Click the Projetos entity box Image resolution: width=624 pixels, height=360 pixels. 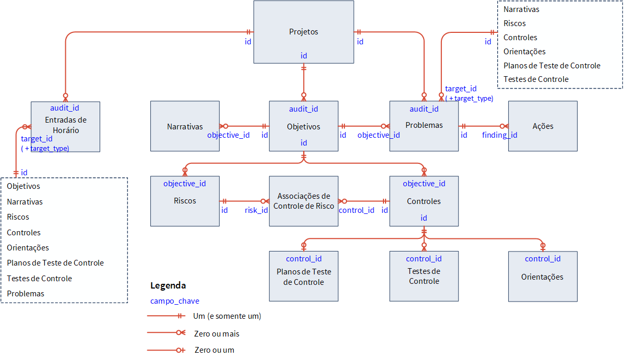[x=303, y=32]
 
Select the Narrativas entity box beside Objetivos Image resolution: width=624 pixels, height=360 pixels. [x=185, y=126]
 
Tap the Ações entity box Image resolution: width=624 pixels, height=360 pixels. [x=543, y=126]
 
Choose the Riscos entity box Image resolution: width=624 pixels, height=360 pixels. [x=185, y=201]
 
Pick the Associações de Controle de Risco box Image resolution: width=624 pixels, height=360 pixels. [x=303, y=201]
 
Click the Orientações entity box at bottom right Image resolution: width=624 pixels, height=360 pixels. [x=542, y=277]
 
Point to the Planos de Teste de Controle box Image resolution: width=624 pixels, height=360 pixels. [x=303, y=277]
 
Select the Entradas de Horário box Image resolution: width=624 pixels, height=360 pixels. [x=65, y=125]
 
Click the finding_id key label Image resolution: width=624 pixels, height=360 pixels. [x=499, y=135]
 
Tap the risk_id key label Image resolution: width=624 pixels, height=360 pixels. [x=256, y=210]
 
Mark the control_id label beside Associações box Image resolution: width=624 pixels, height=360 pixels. [x=356, y=210]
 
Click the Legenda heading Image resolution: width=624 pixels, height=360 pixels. [x=168, y=285]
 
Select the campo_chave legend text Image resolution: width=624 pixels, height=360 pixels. [x=175, y=301]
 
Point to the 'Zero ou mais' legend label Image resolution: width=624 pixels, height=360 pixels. [x=217, y=333]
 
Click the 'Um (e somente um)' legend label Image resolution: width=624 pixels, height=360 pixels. [x=227, y=316]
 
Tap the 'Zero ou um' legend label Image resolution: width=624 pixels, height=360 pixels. [x=214, y=350]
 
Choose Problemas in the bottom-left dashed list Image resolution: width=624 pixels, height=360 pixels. [x=26, y=293]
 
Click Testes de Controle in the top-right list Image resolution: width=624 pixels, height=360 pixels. [x=536, y=79]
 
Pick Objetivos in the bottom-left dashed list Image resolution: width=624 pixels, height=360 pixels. [x=23, y=186]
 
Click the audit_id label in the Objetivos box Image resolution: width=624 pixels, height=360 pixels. [x=303, y=109]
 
